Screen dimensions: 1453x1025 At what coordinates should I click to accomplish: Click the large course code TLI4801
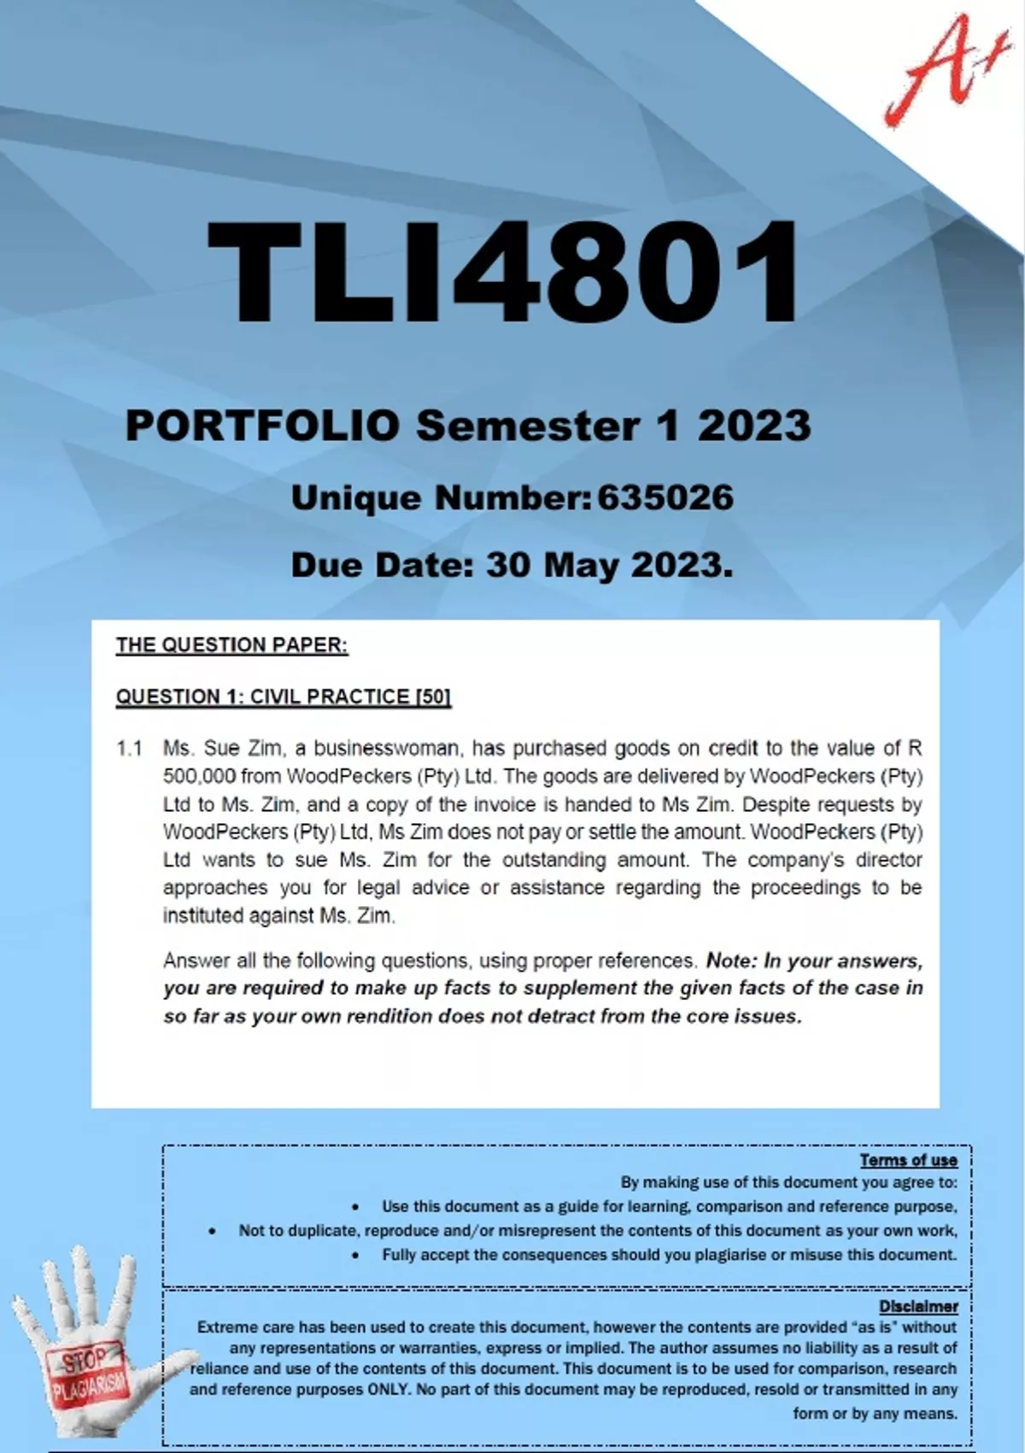(x=504, y=272)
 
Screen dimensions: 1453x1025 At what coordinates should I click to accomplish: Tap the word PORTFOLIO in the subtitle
(x=262, y=425)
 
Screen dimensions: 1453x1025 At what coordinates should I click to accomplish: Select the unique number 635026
(x=665, y=497)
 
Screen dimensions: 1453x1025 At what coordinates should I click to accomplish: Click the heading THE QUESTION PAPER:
(x=231, y=645)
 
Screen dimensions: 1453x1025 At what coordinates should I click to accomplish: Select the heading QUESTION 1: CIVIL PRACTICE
(x=263, y=697)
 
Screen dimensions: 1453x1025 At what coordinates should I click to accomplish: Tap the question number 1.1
(x=129, y=749)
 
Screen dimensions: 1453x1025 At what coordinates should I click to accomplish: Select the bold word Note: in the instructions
(x=732, y=961)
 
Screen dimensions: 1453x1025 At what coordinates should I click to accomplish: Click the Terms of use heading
(x=908, y=1160)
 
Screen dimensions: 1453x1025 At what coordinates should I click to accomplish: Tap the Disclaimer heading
(x=918, y=1306)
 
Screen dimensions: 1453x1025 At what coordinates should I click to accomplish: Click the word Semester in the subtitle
(x=527, y=425)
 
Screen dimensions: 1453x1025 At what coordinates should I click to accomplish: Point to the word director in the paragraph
(x=890, y=860)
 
